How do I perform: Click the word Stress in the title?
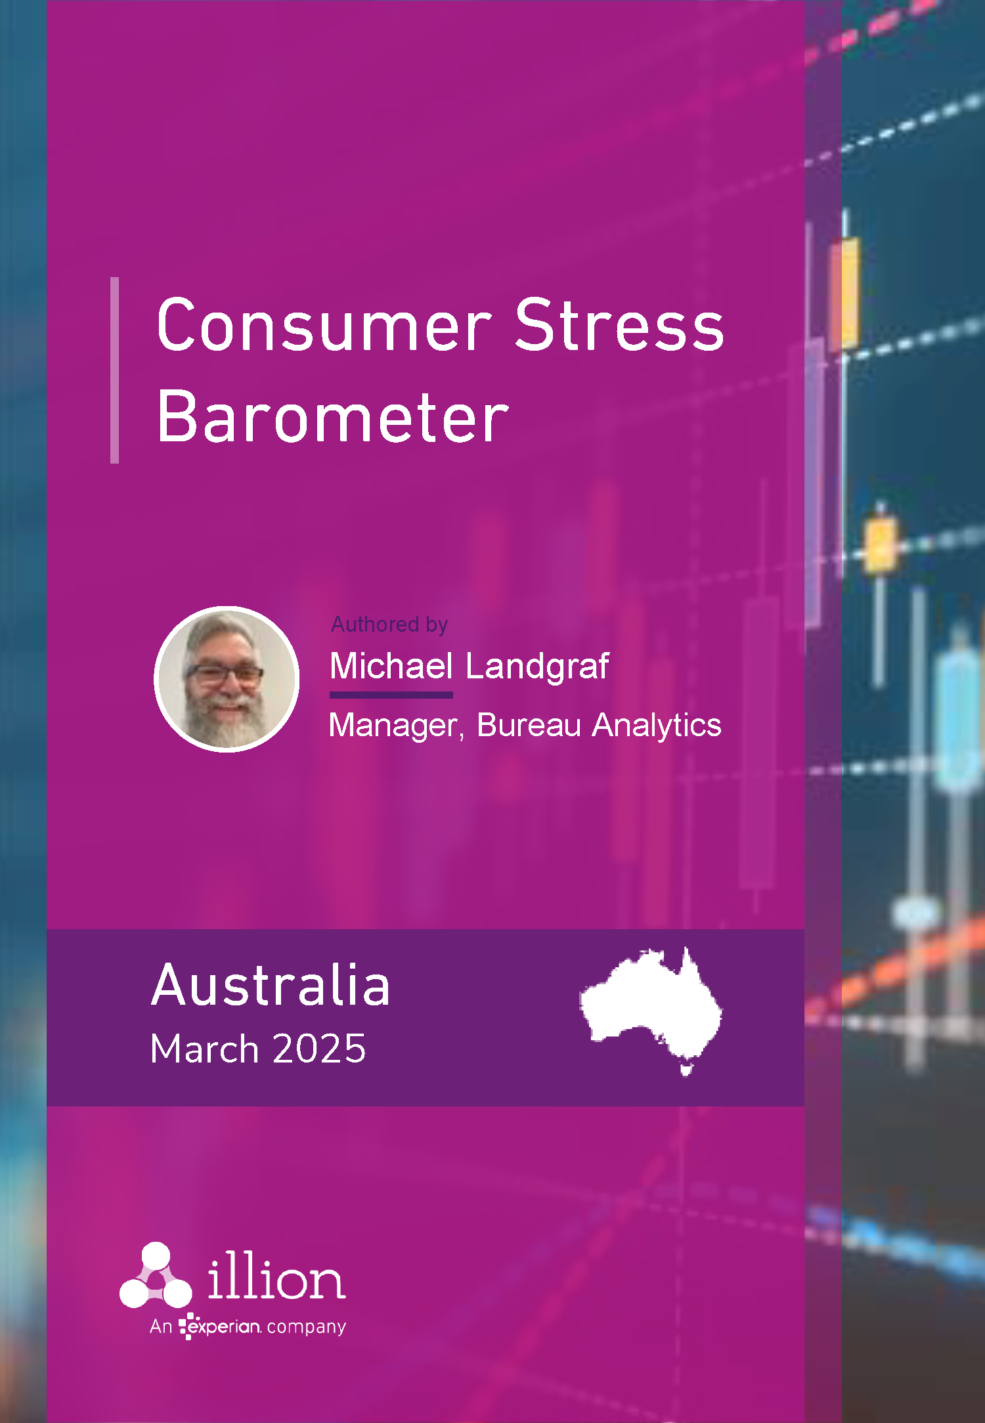[619, 325]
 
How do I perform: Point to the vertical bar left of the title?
[115, 370]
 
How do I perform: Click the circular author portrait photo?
[227, 679]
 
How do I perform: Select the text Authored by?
[389, 624]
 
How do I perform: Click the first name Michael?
[391, 666]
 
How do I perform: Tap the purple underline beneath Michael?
[391, 695]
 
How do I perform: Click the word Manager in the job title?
[397, 726]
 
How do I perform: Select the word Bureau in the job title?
[529, 725]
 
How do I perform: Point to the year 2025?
[319, 1049]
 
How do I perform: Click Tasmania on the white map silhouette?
[686, 1070]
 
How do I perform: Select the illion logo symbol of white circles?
[156, 1275]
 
